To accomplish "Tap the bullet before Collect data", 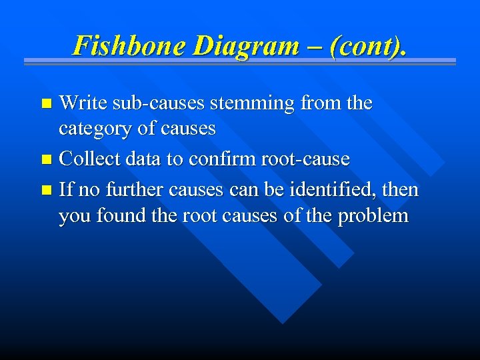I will (x=46, y=160).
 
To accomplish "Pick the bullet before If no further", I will (x=46, y=191).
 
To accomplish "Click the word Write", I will (x=83, y=103).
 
